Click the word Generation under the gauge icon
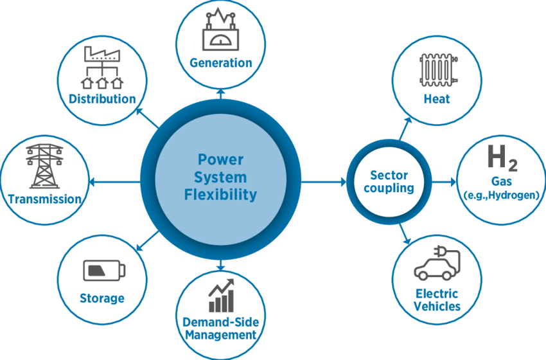(220, 63)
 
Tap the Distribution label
(103, 99)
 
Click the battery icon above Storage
(101, 271)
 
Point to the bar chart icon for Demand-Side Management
(220, 296)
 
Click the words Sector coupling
(389, 182)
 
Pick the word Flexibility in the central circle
(220, 194)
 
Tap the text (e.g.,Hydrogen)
(500, 195)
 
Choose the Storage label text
(101, 298)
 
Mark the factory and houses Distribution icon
(103, 68)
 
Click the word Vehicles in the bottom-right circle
(437, 306)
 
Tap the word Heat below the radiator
(437, 99)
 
